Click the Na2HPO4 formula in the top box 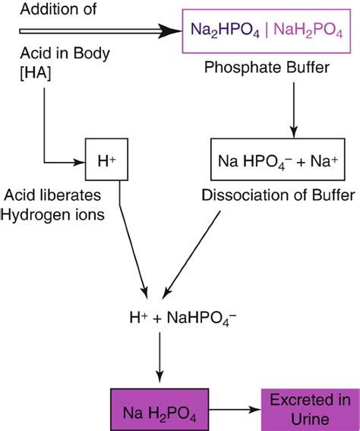point(226,32)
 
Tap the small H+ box point(104,161)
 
